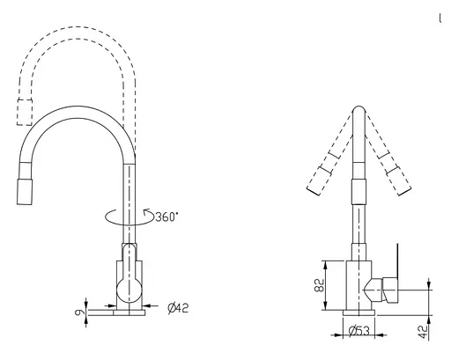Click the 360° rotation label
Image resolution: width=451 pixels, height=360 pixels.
pyautogui.click(x=166, y=217)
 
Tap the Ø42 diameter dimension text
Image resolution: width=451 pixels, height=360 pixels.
pyautogui.click(x=178, y=308)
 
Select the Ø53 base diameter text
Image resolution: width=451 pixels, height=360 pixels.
pyautogui.click(x=359, y=331)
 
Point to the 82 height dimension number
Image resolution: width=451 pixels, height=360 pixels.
pyautogui.click(x=320, y=285)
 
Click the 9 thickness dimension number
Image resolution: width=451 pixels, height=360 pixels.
pyautogui.click(x=79, y=312)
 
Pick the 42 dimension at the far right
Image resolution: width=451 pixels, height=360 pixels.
pyautogui.click(x=423, y=332)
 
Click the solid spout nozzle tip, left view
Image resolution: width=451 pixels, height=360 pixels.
pyautogui.click(x=25, y=192)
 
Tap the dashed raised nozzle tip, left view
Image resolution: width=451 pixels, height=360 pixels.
pyautogui.click(x=25, y=113)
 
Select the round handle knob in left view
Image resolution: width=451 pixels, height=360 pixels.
pyautogui.click(x=129, y=290)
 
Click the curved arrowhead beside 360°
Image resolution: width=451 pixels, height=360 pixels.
pyautogui.click(x=146, y=212)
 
